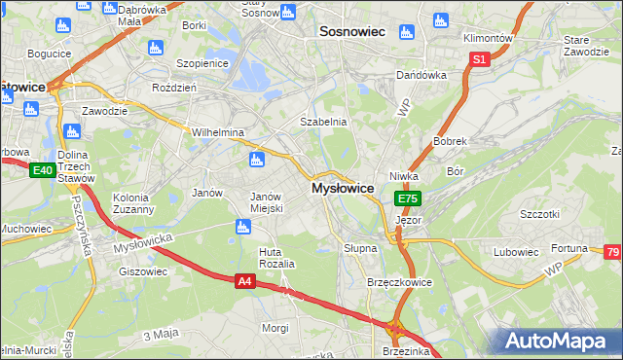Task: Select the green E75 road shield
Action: coord(408,198)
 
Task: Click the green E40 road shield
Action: coord(41,171)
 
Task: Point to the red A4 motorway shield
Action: coord(245,281)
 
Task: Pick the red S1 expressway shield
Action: coord(478,59)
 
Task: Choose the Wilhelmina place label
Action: coord(217,132)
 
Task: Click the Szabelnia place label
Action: coord(323,122)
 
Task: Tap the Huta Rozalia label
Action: coord(275,258)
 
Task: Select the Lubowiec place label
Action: coord(515,252)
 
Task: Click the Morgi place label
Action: coord(275,328)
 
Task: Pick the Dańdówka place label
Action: coord(421,75)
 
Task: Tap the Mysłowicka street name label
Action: coord(142,244)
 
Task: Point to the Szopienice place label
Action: coord(202,62)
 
